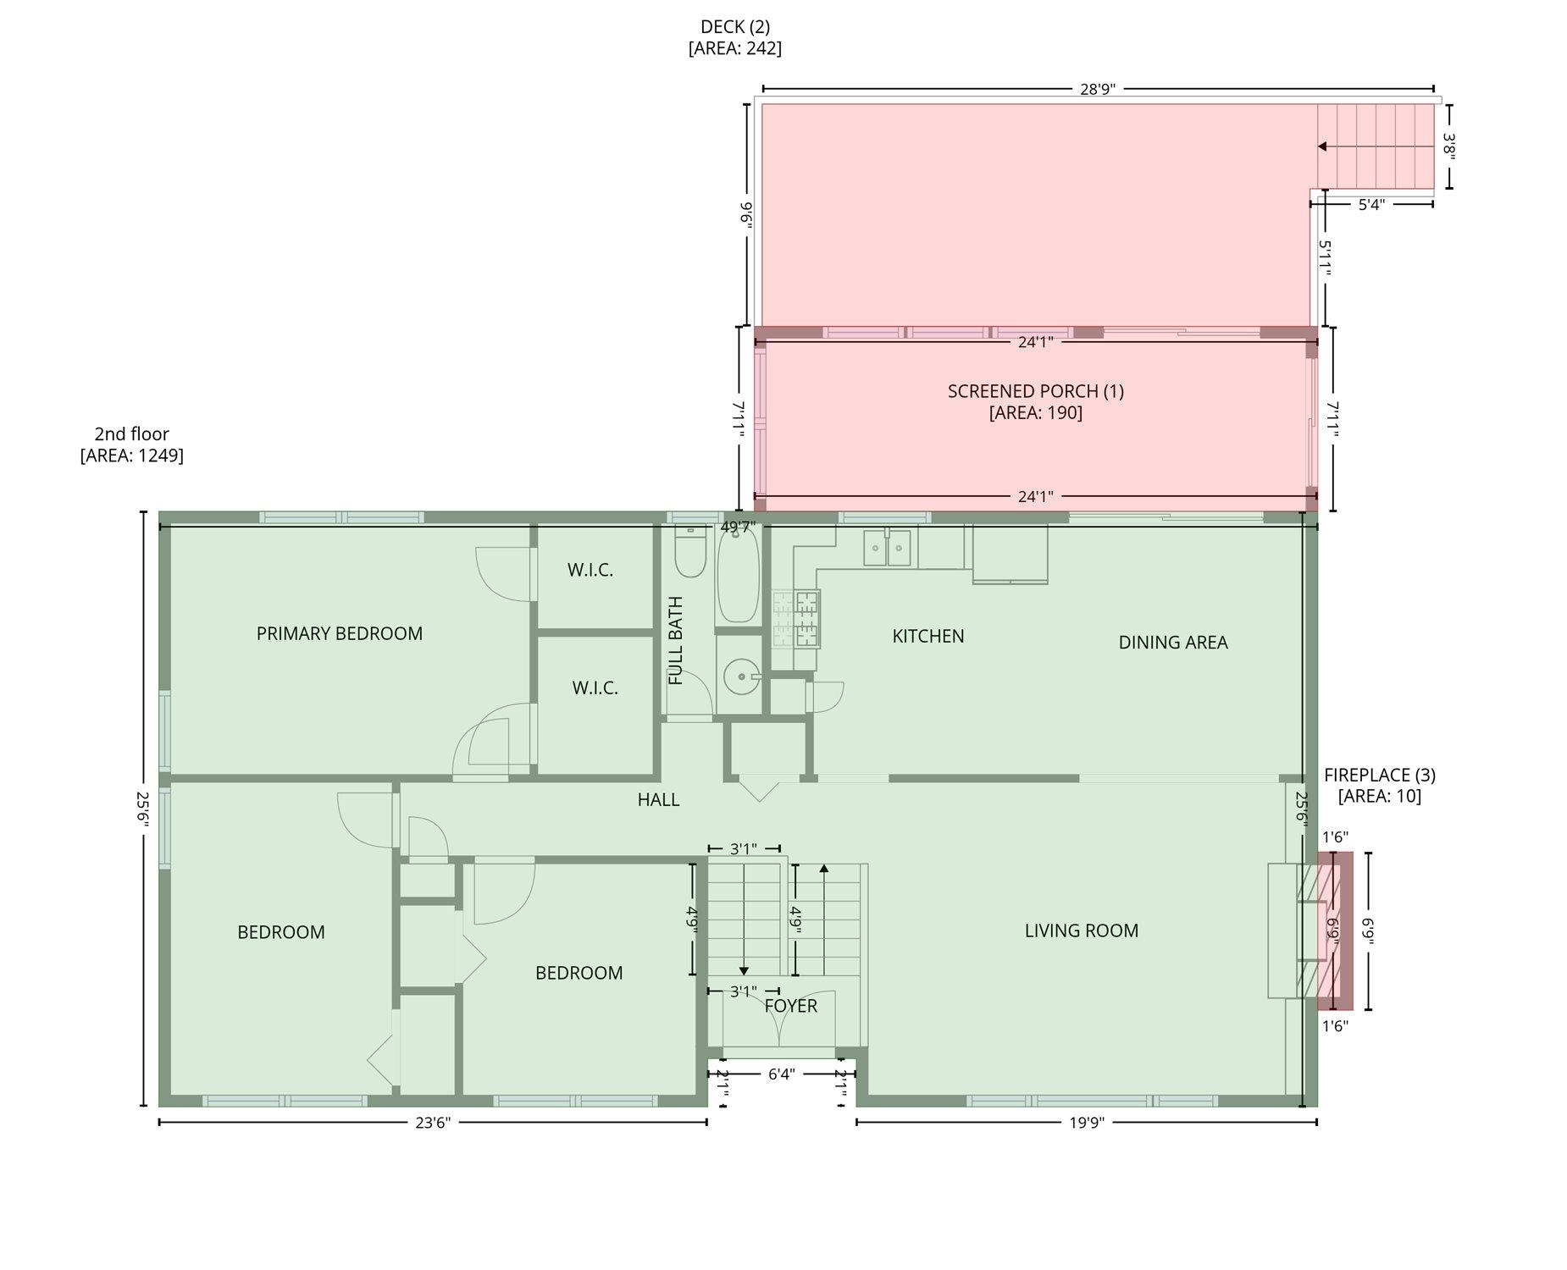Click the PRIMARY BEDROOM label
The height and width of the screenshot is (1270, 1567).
pos(340,633)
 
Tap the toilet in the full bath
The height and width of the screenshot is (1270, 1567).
pos(690,551)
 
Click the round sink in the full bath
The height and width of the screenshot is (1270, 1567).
pos(743,677)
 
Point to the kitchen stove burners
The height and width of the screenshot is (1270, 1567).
pos(796,619)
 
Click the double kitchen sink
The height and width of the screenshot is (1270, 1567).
pos(887,548)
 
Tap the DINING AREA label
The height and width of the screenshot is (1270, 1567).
pos(1173,643)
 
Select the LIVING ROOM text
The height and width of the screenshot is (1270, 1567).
pos(1082,930)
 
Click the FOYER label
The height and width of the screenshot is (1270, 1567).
pos(791,1006)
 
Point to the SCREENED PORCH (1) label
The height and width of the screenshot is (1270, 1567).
pos(1036,391)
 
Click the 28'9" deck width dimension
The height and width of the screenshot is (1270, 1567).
pos(1098,89)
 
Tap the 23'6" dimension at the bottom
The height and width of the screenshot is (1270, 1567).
pos(433,1123)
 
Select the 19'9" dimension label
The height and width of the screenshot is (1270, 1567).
pos(1087,1123)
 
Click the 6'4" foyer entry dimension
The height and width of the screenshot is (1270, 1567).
pos(782,1074)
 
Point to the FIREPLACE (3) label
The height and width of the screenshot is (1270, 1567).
pos(1380,775)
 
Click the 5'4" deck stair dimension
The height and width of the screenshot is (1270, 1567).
pos(1371,204)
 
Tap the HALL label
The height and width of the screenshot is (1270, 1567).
pos(658,799)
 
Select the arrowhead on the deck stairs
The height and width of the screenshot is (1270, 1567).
pos(1321,146)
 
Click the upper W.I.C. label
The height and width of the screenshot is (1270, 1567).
pos(590,570)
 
